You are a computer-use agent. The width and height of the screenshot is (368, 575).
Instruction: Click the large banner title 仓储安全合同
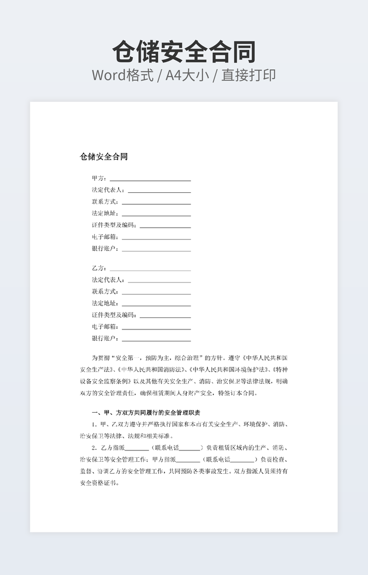184,52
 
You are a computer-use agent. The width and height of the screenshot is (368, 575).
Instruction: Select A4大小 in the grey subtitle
187,75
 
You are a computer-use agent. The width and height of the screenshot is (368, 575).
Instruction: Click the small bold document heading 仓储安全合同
104,157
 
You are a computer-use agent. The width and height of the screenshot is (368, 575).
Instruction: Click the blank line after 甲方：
150,179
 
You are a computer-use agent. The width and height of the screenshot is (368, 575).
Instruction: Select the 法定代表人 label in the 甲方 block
108,190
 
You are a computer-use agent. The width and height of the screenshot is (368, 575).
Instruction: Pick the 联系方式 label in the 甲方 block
105,202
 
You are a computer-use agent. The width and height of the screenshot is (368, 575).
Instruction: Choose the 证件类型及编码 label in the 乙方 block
114,315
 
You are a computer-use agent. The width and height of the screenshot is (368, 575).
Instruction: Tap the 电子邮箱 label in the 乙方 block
105,327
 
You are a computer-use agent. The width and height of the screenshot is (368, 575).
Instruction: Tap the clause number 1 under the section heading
94,424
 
